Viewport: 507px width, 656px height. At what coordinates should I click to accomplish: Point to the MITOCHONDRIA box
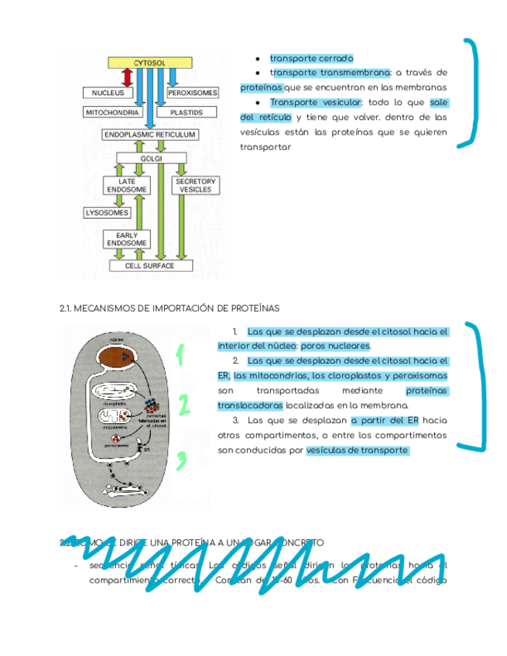click(x=112, y=112)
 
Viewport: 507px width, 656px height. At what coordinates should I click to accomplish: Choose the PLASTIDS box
click(x=186, y=112)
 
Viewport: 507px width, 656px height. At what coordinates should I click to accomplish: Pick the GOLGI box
click(x=150, y=159)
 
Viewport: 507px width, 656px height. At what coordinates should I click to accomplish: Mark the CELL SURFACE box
click(x=150, y=266)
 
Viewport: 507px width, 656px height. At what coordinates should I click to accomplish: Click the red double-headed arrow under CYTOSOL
click(x=128, y=77)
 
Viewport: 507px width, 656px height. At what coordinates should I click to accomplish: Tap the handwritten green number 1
click(x=180, y=355)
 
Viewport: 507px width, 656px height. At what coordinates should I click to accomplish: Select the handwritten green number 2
click(x=183, y=405)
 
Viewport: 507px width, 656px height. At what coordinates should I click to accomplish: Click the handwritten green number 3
click(x=181, y=460)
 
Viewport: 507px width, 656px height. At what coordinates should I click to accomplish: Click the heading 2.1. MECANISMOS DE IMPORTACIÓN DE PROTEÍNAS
click(x=170, y=309)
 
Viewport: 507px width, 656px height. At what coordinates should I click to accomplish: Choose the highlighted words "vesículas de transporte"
click(x=357, y=450)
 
